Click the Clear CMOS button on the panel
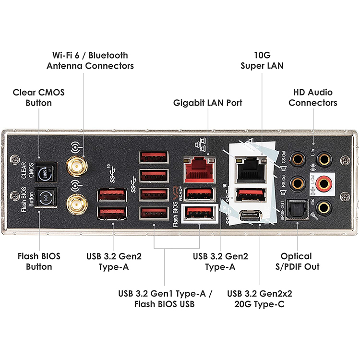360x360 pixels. tap(46, 171)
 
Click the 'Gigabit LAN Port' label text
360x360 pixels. tap(208, 103)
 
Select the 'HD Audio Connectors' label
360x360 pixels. tap(313, 97)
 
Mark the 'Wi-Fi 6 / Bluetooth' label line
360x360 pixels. tap(90, 55)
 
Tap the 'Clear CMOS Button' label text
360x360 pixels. tap(38, 97)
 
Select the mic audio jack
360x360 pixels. tap(325, 207)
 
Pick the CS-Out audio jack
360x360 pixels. tap(299, 158)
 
